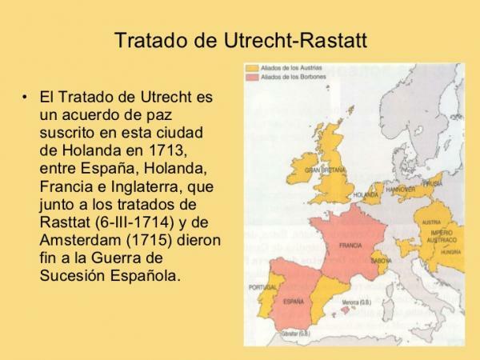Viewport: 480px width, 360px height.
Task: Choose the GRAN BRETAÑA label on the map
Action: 323,171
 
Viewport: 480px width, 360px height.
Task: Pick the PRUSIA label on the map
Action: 434,182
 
